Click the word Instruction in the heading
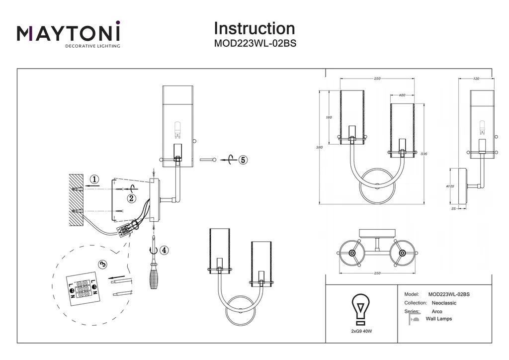pyautogui.click(x=254, y=28)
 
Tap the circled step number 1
pyautogui.click(x=94, y=180)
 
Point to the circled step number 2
pyautogui.click(x=131, y=198)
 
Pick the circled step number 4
pyautogui.click(x=165, y=250)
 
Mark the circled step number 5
pyautogui.click(x=243, y=160)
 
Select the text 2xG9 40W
pyautogui.click(x=361, y=331)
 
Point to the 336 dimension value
pyautogui.click(x=424, y=154)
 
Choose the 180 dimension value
pyautogui.click(x=329, y=117)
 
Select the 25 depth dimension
pyautogui.click(x=453, y=209)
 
